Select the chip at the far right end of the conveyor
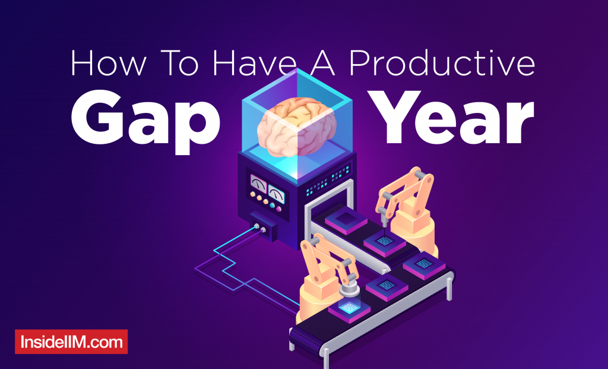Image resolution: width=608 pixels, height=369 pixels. [x=424, y=266]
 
